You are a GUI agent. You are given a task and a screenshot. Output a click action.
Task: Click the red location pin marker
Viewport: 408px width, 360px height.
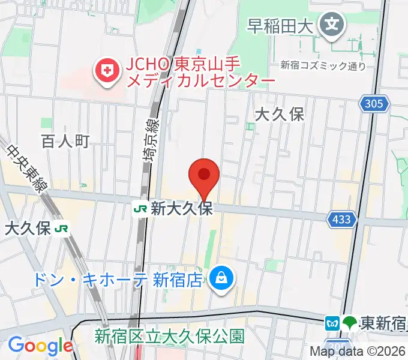[x=203, y=176]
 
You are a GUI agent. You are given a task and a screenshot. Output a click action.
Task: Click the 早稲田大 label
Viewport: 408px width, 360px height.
[x=282, y=26]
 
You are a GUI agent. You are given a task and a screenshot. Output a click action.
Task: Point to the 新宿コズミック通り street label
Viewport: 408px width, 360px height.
[x=323, y=66]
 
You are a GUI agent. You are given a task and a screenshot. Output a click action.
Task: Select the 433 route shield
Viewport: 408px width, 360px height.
[x=341, y=220]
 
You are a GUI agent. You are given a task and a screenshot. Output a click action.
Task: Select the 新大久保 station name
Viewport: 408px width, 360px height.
[x=182, y=209]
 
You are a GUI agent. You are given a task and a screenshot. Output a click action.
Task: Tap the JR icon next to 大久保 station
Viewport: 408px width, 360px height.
[x=61, y=228]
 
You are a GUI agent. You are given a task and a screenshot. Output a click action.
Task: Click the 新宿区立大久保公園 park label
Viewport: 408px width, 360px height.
[x=169, y=336]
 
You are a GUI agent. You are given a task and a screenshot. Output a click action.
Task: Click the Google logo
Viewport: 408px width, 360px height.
[x=40, y=346]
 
